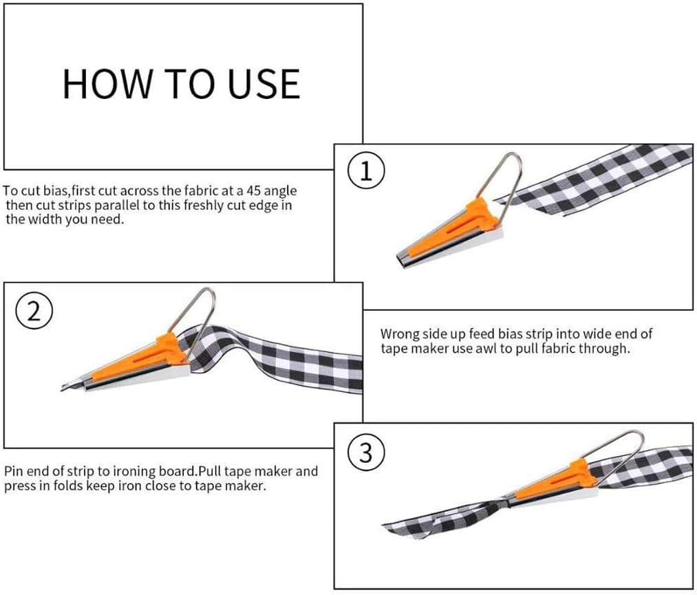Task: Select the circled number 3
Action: [365, 453]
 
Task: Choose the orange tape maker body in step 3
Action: [550, 484]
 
